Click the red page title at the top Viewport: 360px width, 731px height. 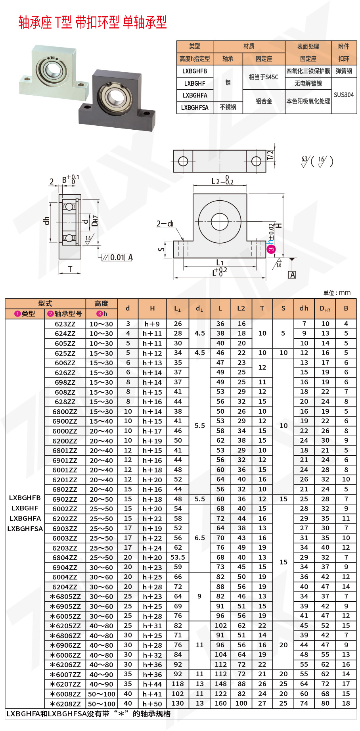[x=92, y=22]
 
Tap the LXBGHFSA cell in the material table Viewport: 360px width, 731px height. [x=195, y=107]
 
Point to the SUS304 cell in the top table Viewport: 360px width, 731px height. [x=343, y=95]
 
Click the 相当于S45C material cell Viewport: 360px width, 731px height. [x=263, y=77]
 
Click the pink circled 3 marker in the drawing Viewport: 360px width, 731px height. [x=271, y=249]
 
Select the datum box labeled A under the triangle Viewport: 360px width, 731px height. [x=292, y=275]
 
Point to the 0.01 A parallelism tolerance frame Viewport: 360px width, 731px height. [x=117, y=257]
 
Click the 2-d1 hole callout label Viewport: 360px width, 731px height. [x=165, y=224]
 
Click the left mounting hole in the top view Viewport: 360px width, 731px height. [x=183, y=161]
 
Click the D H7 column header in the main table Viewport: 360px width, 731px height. [x=325, y=309]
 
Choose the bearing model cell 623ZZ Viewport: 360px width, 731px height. [x=65, y=324]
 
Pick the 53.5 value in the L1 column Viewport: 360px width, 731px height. [x=178, y=557]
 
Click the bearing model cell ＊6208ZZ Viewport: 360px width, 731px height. [x=65, y=704]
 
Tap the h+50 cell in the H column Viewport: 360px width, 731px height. [x=152, y=704]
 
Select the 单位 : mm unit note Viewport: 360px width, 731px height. [x=337, y=293]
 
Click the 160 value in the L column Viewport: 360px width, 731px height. [x=220, y=704]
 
